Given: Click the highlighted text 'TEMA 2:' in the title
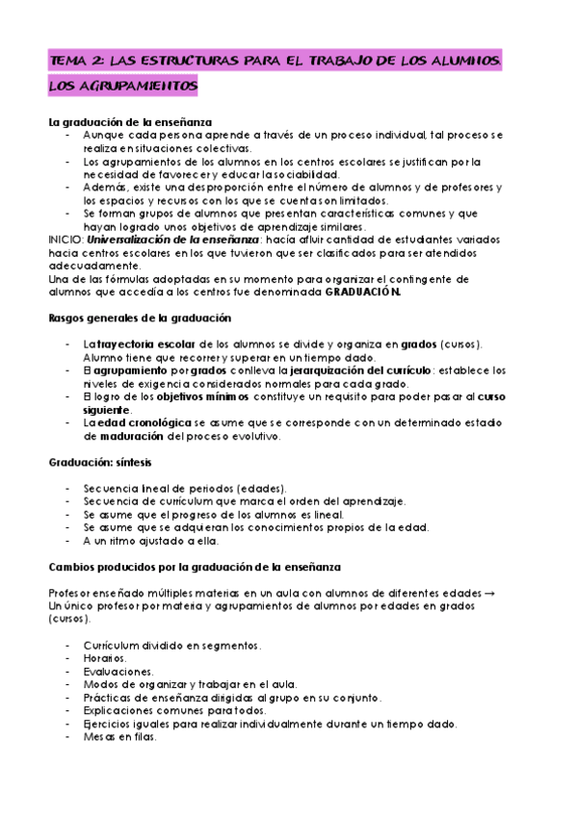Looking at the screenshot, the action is pyautogui.click(x=77, y=61).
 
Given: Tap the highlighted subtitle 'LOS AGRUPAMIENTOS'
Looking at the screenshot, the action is pyautogui.click(x=122, y=88).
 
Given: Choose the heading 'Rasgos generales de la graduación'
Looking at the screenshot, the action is pyautogui.click(x=139, y=319).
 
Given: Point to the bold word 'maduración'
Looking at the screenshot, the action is pyautogui.click(x=124, y=435).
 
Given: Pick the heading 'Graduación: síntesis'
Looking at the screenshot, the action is pyautogui.click(x=99, y=462).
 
